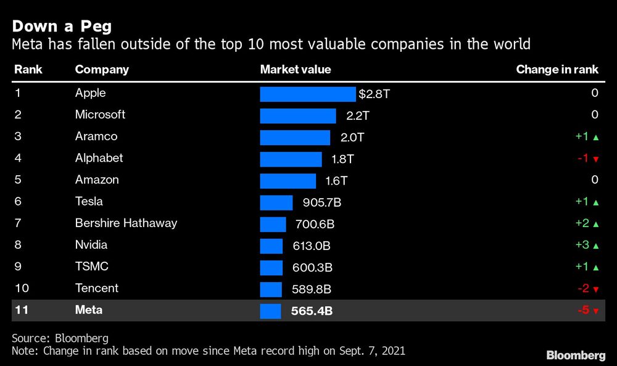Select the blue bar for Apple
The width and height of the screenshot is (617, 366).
[x=308, y=94]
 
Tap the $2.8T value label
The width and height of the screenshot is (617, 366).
[x=375, y=94]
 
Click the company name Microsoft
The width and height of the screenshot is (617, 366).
[x=100, y=115]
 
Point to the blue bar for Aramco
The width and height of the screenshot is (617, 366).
[x=295, y=137]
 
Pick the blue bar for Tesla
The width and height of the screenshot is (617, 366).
[x=276, y=202]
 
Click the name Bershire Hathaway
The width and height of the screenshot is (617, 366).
[x=126, y=223]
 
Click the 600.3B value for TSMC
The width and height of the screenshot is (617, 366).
[x=312, y=267]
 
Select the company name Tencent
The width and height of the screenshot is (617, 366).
[x=96, y=288]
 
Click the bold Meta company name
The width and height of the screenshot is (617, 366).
[x=88, y=310]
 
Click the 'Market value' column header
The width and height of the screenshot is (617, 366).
[x=296, y=70]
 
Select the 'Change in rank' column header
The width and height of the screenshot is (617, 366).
[x=557, y=70]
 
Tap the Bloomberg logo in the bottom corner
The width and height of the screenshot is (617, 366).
[x=576, y=355]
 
